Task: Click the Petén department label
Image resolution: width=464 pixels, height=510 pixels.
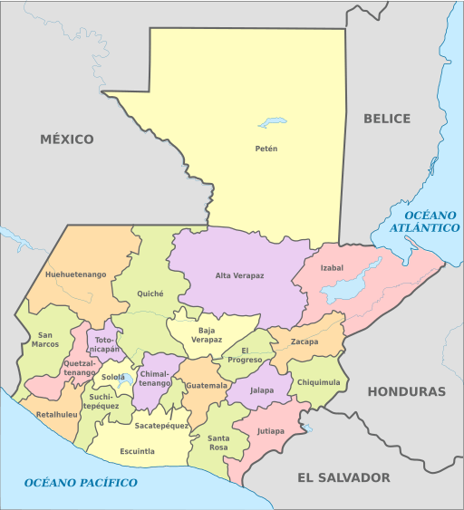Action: point(266,149)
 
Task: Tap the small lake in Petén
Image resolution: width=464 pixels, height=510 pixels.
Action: point(272,121)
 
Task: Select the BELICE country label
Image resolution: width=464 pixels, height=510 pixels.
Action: point(387,119)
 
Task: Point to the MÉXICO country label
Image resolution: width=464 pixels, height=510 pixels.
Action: point(66,139)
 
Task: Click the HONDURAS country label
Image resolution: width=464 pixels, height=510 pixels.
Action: point(406,391)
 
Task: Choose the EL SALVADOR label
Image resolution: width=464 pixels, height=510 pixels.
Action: point(343,477)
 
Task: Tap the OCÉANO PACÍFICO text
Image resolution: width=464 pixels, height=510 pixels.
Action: point(81,483)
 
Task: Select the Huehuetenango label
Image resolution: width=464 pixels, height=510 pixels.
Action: point(75,274)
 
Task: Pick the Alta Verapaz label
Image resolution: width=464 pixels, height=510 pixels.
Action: point(239,275)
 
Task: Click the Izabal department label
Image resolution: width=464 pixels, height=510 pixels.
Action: point(332,267)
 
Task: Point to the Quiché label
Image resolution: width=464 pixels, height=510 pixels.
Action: point(150,293)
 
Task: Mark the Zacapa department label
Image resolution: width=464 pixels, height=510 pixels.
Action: point(304,342)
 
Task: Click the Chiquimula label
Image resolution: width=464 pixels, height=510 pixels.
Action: point(318,382)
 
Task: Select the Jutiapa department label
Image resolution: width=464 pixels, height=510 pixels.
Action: point(270,431)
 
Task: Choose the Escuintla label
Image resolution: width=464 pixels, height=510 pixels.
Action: point(137,451)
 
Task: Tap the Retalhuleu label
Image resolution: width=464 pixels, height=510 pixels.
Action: point(57,415)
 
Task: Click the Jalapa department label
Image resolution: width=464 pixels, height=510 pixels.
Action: point(261,390)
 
